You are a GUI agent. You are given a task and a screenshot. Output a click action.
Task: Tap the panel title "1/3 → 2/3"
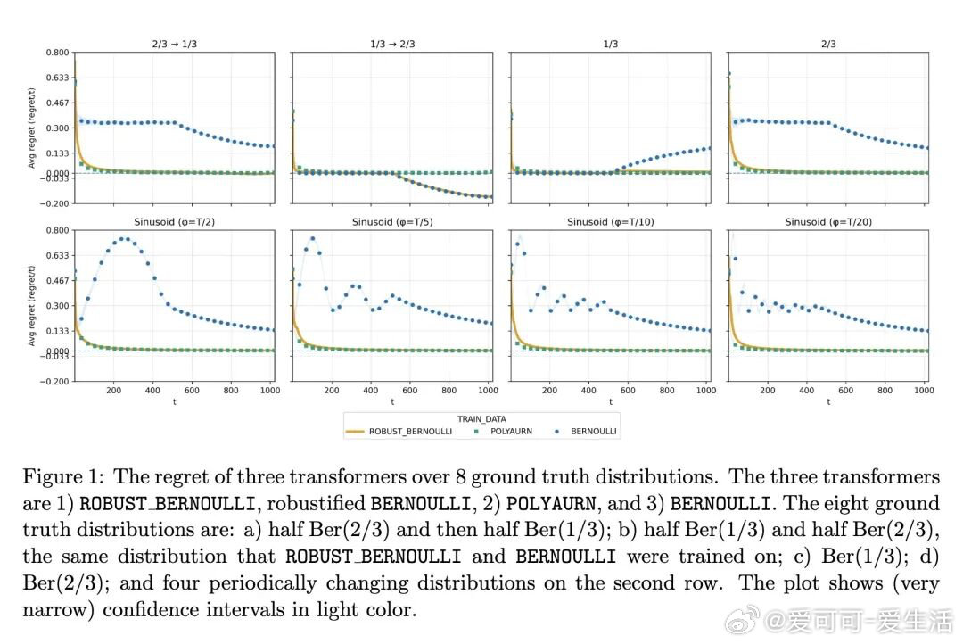click(x=392, y=44)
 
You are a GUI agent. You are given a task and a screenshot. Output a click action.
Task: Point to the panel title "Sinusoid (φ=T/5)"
click(x=392, y=221)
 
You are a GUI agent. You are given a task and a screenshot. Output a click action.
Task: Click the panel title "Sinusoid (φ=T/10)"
click(x=610, y=221)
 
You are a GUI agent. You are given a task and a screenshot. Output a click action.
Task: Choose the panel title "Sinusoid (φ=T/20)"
click(x=828, y=221)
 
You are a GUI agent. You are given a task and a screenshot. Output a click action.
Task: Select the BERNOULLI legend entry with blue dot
click(x=584, y=432)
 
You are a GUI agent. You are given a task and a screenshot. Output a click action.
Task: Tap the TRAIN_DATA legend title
click(x=481, y=417)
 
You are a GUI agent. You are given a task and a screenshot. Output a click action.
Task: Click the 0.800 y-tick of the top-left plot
click(x=56, y=53)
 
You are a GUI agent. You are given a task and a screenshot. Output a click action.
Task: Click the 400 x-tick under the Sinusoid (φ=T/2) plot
click(x=152, y=391)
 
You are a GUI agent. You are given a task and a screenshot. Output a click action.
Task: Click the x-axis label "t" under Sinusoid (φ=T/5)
click(x=392, y=402)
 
